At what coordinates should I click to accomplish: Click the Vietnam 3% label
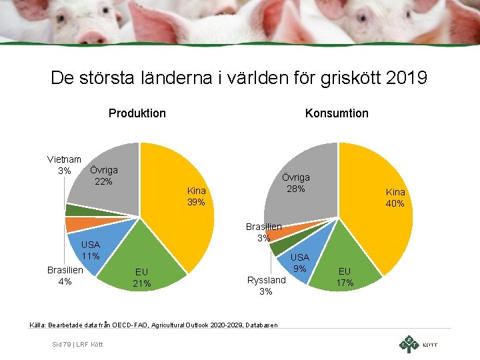point(64,165)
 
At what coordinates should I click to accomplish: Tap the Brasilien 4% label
point(65,276)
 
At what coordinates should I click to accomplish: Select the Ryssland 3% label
point(266,285)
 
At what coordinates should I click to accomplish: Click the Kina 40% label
point(395,198)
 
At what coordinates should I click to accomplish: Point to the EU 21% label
point(141,278)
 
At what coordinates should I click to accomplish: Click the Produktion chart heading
point(137,113)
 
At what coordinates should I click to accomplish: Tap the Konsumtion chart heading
point(337,113)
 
